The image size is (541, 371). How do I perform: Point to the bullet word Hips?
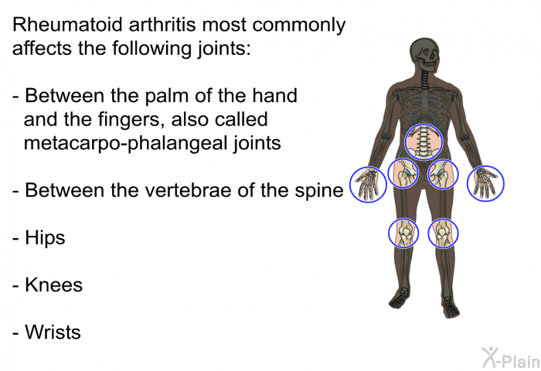(x=45, y=238)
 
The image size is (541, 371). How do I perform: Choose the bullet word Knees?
(x=54, y=285)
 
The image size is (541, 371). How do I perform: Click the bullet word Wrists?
(x=53, y=332)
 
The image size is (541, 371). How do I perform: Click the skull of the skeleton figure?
(x=424, y=56)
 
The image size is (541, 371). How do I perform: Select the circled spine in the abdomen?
(x=424, y=142)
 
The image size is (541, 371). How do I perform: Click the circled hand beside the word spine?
(x=368, y=184)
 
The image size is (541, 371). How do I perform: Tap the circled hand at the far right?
(x=485, y=184)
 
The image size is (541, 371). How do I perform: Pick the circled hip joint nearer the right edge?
(x=443, y=174)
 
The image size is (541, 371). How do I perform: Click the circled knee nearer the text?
(x=403, y=233)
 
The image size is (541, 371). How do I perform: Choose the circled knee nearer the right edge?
(x=443, y=233)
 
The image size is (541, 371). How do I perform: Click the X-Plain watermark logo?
(x=511, y=357)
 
